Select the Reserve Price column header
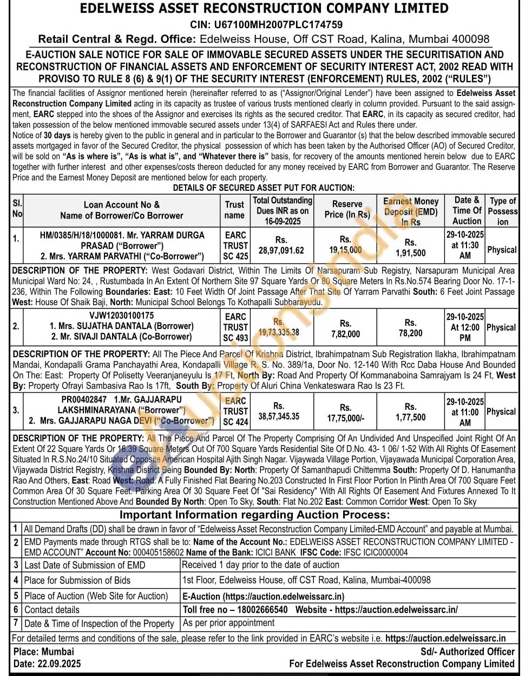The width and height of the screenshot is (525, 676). click(x=347, y=209)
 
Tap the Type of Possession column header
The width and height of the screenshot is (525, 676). click(x=502, y=211)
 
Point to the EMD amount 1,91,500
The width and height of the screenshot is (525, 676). click(x=410, y=253)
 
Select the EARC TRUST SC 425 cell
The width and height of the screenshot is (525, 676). click(x=235, y=245)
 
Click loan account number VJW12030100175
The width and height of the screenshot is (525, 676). click(x=121, y=315)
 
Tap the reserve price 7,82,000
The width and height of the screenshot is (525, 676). click(x=345, y=334)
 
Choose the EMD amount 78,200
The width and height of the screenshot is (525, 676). click(x=410, y=333)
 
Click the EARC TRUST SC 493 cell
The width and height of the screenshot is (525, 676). click(x=235, y=327)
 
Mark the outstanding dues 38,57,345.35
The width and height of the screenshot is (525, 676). click(x=279, y=416)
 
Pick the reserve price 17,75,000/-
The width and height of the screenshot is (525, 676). click(x=345, y=418)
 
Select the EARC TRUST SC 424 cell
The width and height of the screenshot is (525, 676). click(x=235, y=411)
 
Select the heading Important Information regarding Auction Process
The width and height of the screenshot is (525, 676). click(x=254, y=514)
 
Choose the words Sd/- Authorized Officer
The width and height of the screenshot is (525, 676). click(x=467, y=652)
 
